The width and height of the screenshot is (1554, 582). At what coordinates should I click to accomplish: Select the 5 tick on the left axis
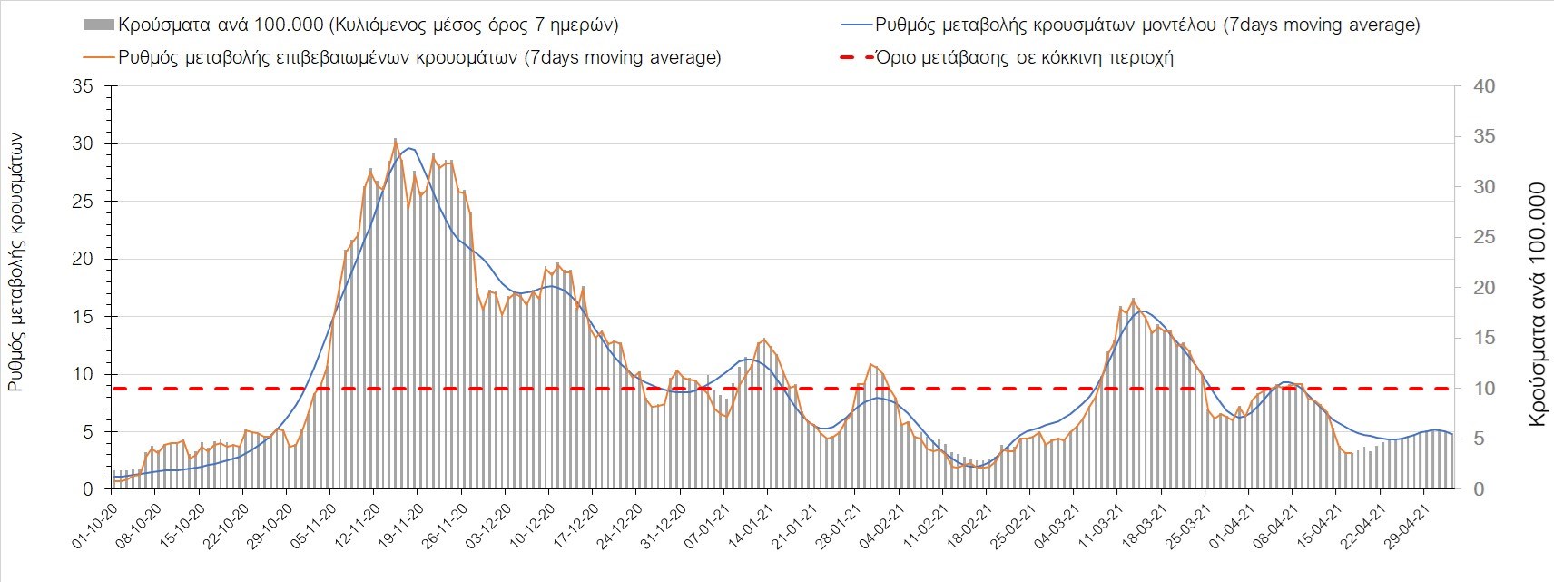coord(87,432)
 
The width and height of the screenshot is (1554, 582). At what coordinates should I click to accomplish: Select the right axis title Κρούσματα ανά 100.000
coord(1537,305)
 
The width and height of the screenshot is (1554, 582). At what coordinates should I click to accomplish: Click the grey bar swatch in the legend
coord(97,25)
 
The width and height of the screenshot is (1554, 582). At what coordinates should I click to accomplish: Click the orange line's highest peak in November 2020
coord(395,140)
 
